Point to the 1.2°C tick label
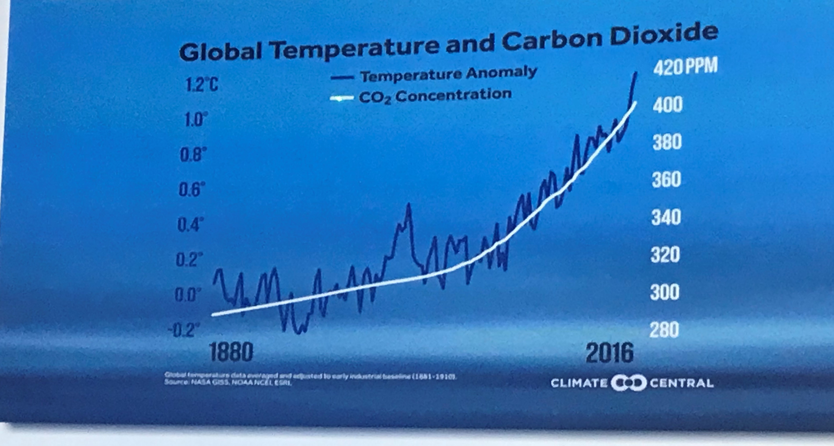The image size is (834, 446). point(202,85)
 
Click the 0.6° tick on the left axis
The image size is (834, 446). point(192,190)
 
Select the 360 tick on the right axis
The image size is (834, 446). point(666,180)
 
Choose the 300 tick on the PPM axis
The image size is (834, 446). point(664,292)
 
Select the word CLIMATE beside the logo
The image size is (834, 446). point(579,383)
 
